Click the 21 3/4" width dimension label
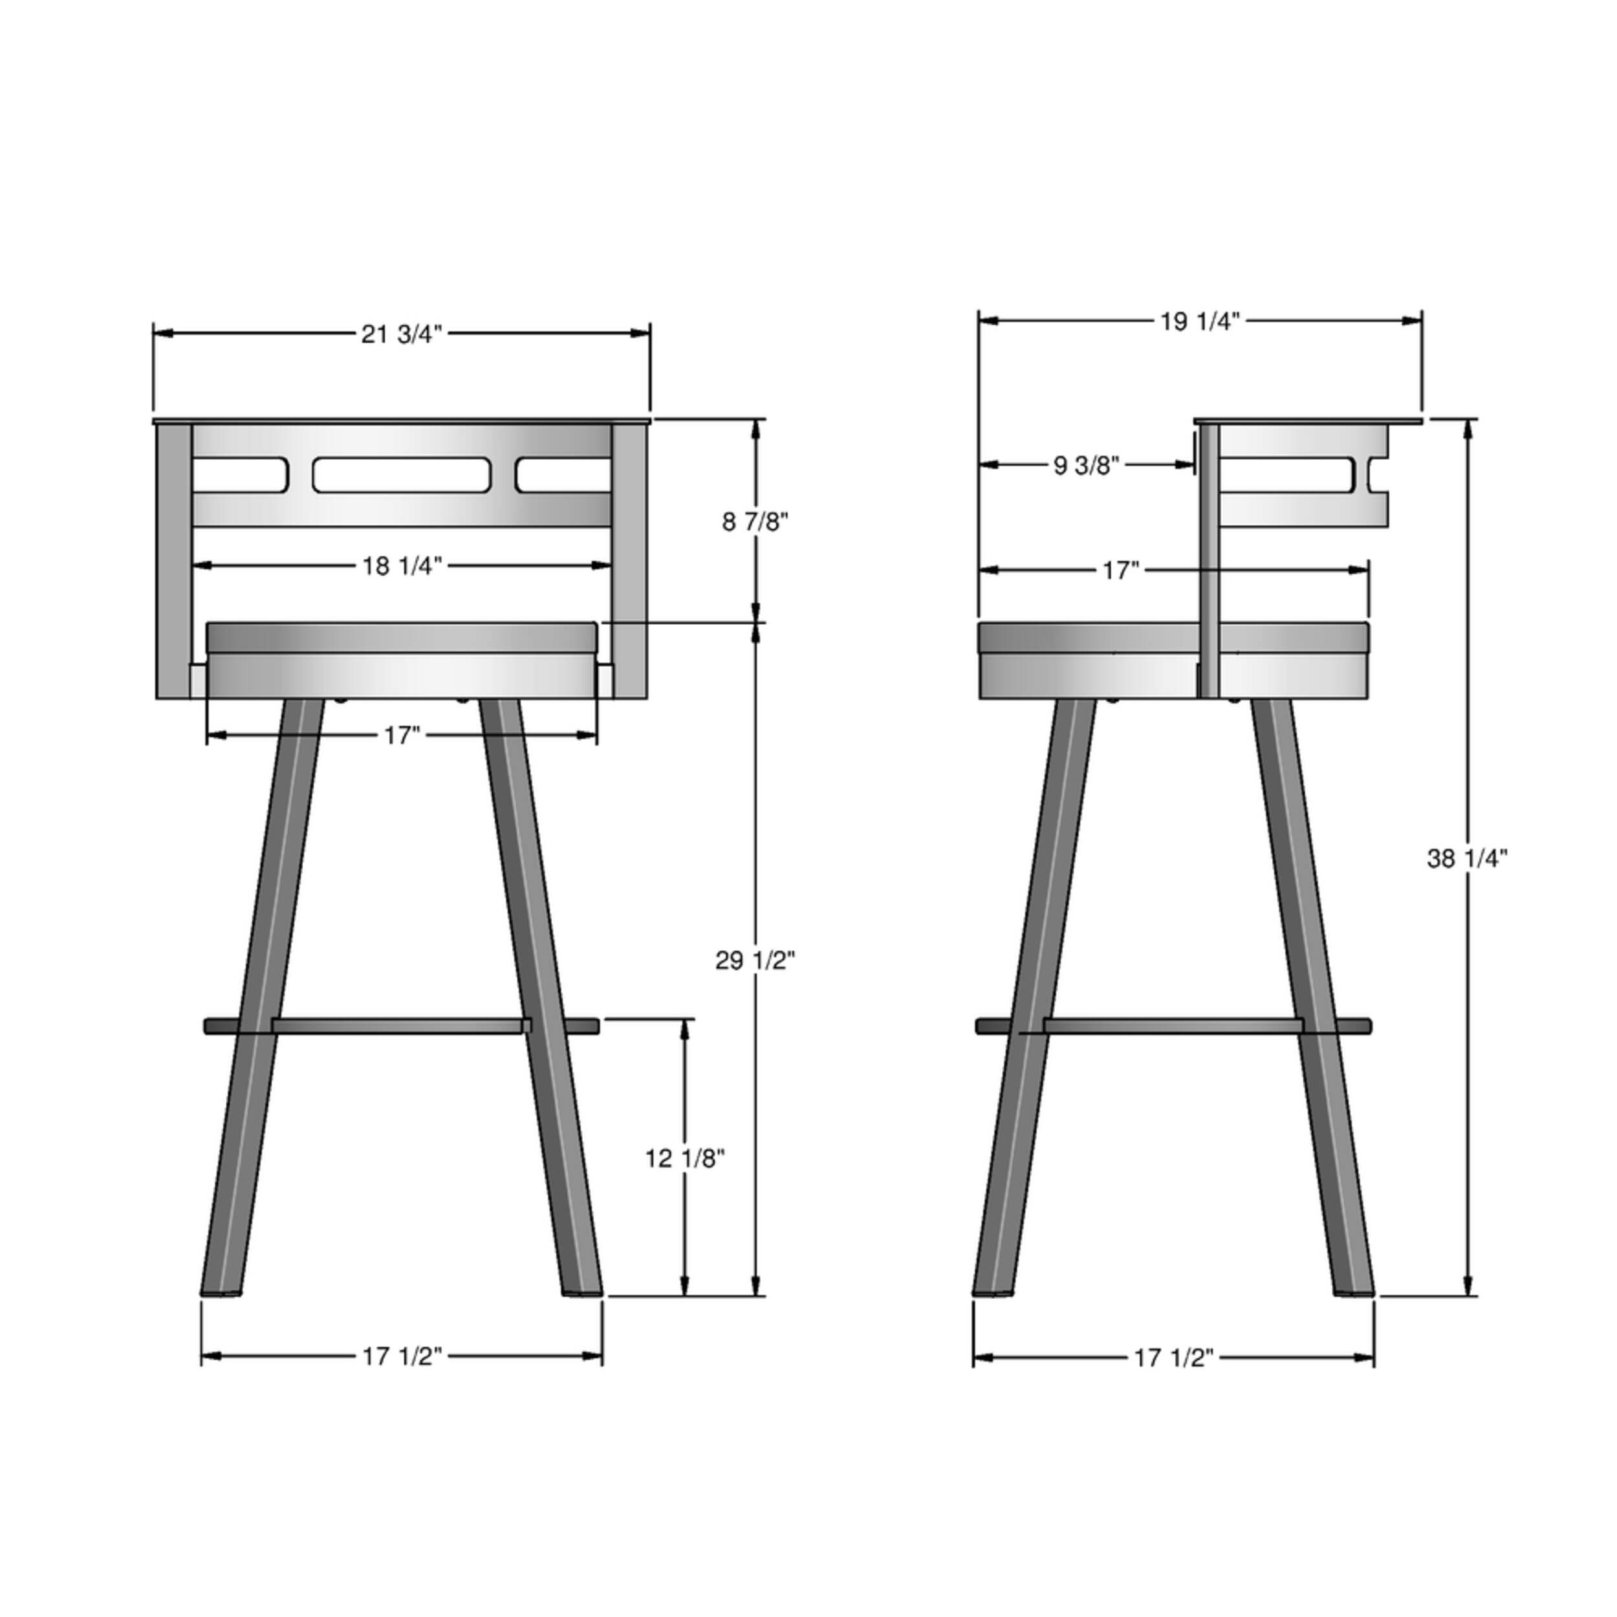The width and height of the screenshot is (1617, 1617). (x=401, y=335)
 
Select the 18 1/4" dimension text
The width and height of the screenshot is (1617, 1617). (x=401, y=567)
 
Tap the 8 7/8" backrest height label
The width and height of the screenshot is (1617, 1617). (x=755, y=522)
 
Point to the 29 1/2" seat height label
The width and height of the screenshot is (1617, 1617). (x=754, y=961)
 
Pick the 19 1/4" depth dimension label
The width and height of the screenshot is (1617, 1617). (x=1199, y=321)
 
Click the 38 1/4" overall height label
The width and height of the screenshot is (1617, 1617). (x=1467, y=859)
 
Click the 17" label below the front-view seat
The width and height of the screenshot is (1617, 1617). (x=401, y=735)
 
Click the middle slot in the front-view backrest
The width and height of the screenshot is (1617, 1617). (x=401, y=475)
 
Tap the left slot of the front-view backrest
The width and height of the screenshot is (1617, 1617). (x=240, y=475)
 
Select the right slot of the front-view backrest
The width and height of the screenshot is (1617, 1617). (x=563, y=475)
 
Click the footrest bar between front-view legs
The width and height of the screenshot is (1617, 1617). (x=401, y=1026)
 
